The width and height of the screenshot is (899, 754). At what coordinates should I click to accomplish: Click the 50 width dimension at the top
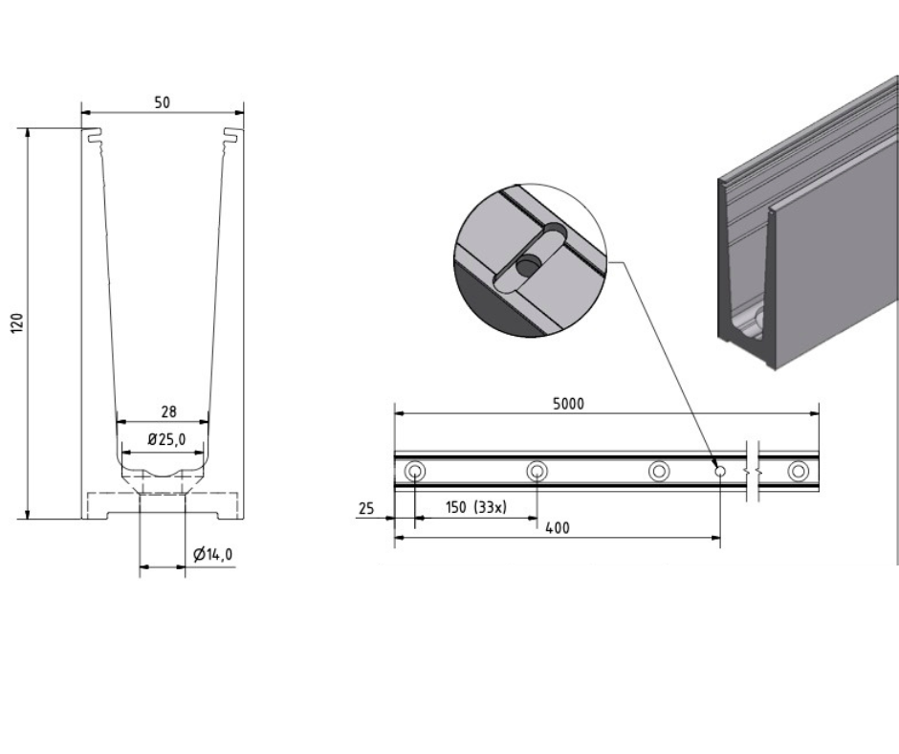pos(162,102)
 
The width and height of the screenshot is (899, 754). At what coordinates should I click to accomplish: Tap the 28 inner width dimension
pos(167,411)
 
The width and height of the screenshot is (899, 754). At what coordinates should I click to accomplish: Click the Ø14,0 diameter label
pos(211,554)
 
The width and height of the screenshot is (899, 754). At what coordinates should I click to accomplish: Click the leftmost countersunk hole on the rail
pos(415,471)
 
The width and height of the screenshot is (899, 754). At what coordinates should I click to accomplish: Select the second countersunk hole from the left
pos(537,471)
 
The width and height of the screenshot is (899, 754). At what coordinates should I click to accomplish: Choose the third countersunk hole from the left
pos(658,471)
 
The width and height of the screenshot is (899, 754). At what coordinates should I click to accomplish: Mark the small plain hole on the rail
pos(720,471)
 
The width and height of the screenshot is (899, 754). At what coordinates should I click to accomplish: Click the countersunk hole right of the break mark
pos(797,471)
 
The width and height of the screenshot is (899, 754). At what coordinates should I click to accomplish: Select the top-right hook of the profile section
pos(232,135)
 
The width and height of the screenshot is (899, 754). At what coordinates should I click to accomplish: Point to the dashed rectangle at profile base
pos(162,503)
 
